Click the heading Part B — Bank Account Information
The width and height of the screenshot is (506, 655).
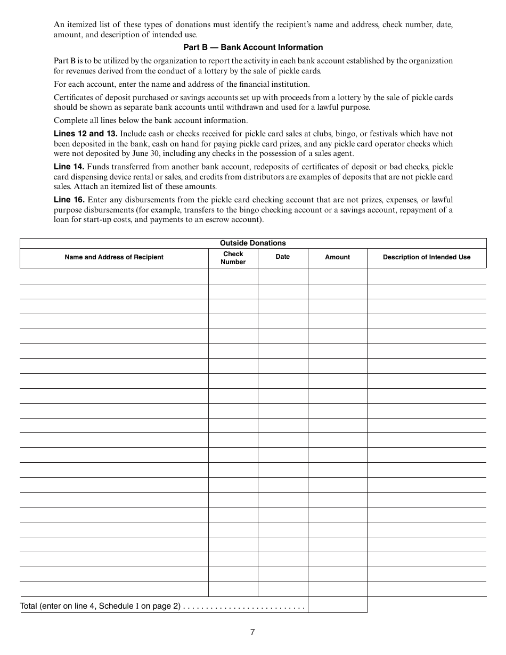pos(253,47)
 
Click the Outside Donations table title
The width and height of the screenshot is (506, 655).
pos(253,243)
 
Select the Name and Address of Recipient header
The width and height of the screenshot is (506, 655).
pos(114,257)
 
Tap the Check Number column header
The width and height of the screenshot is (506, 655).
pos(233,258)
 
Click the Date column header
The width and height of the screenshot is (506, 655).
pos(283,257)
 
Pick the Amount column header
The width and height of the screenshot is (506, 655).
pos(338,257)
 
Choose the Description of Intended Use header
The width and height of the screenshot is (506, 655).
pos(427,257)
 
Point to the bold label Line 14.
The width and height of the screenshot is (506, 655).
pos(69,167)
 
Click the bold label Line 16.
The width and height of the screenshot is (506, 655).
pos(69,200)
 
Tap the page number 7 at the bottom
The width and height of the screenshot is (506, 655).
pos(252,632)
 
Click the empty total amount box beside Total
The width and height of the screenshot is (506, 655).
pos(338,605)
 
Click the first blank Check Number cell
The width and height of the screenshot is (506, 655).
pos(233,276)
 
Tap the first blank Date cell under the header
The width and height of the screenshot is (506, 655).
pos(283,276)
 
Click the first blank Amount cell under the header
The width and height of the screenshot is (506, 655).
pos(338,276)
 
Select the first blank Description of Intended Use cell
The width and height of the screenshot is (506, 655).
pos(427,276)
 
